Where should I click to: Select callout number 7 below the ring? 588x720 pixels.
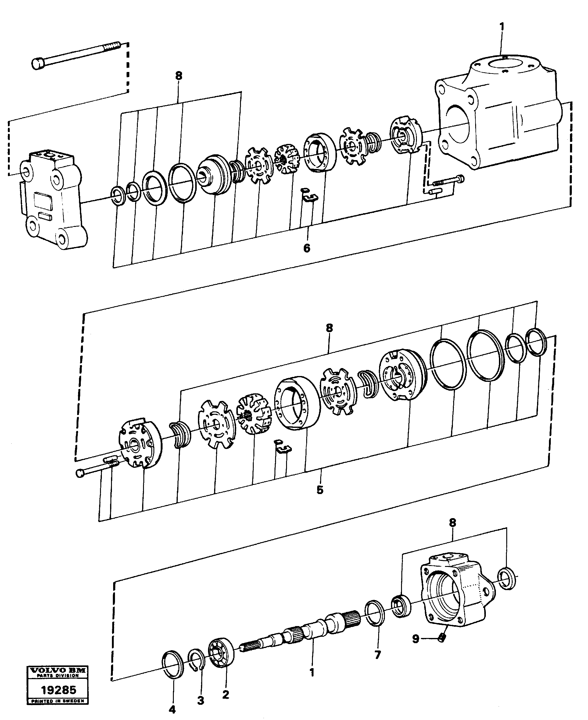(x=378, y=655)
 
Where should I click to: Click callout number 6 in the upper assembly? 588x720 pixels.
(x=307, y=248)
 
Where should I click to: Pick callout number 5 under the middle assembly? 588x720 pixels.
(x=320, y=490)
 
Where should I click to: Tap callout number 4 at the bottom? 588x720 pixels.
(x=172, y=708)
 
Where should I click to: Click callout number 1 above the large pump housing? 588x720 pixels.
(x=502, y=27)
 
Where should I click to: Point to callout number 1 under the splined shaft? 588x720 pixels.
(x=312, y=672)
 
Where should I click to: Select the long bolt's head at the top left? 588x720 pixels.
(x=38, y=64)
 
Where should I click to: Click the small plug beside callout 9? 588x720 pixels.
(x=441, y=638)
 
